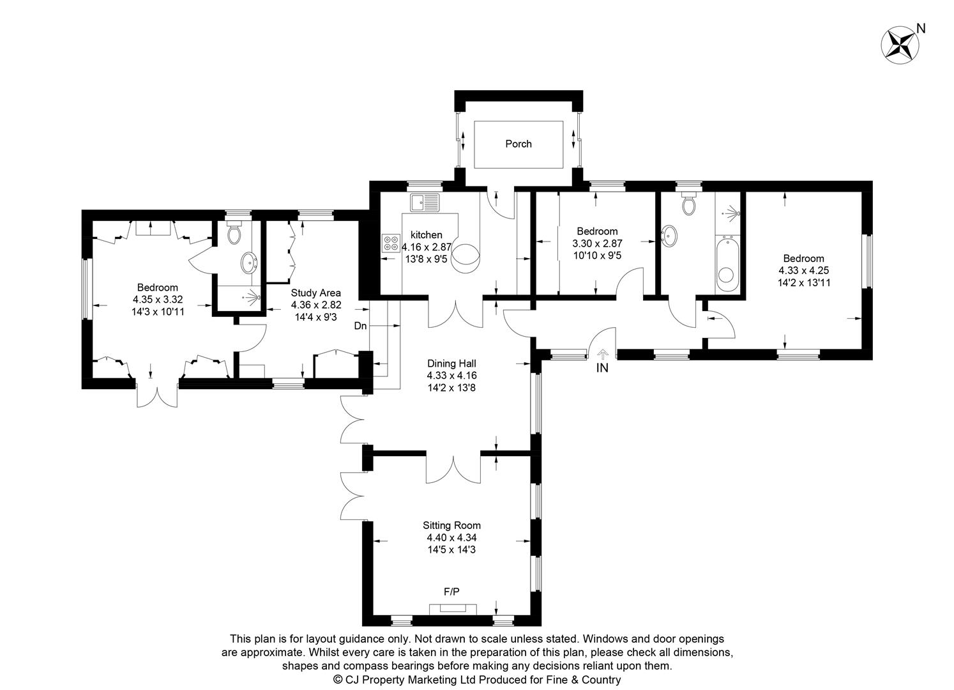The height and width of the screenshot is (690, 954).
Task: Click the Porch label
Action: tap(519, 144)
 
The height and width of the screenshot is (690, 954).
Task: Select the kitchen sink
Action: tap(425, 203)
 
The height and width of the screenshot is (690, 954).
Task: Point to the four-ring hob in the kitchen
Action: tap(391, 243)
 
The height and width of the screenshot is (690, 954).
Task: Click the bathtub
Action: tap(728, 265)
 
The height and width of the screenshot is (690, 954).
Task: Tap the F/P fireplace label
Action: tap(451, 592)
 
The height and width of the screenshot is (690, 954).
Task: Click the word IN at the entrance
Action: tap(602, 368)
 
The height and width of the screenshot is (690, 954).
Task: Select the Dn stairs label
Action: tap(360, 326)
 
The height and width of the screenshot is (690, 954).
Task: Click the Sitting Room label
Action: tap(451, 526)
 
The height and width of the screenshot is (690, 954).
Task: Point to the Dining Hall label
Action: tap(451, 364)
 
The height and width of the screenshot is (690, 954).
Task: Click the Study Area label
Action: tap(315, 293)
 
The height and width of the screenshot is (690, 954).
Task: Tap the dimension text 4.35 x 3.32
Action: tap(158, 300)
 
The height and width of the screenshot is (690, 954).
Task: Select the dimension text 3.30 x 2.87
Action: tap(597, 243)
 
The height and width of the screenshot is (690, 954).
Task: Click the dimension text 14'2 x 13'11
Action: tap(804, 282)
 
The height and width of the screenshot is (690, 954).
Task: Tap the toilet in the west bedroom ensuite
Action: tap(234, 232)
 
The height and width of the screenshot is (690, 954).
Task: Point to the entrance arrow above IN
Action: tap(602, 355)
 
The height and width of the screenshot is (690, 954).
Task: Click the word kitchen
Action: tap(426, 235)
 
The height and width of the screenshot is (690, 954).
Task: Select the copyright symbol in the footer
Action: tap(338, 679)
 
